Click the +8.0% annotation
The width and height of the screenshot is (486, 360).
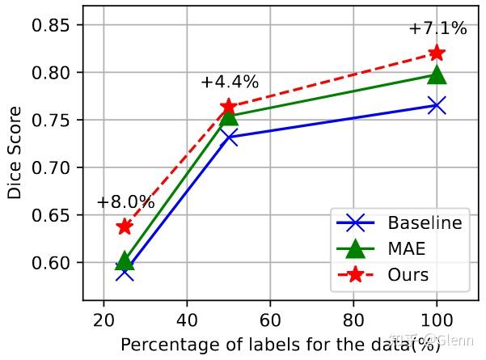tap(125, 202)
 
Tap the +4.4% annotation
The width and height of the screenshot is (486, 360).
tap(230, 83)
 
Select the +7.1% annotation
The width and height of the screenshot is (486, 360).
tap(437, 29)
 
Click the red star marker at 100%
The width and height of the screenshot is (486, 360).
tap(437, 53)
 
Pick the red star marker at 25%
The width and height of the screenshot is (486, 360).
tap(125, 227)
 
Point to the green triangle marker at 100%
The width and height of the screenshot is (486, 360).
tap(437, 74)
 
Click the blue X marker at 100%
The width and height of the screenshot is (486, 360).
tap(437, 105)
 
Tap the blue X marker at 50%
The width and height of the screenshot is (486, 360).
tap(229, 138)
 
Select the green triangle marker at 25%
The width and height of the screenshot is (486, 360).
tap(125, 260)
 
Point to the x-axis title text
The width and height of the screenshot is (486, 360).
tap(281, 345)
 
